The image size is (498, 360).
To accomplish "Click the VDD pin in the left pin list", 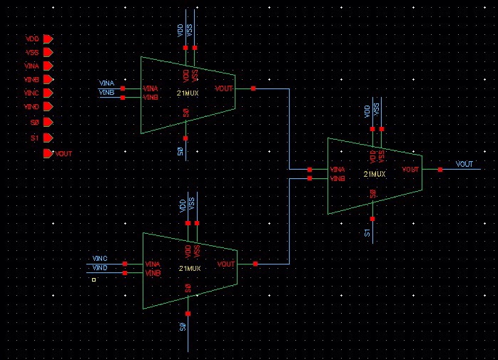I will [48, 38].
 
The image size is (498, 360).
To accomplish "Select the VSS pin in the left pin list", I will [48, 52].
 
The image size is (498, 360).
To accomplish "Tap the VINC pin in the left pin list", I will [48, 93].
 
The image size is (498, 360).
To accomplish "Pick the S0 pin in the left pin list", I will [48, 123].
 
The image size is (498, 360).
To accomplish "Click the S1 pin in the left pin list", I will [48, 138].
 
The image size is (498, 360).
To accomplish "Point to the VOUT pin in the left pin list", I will [49, 153].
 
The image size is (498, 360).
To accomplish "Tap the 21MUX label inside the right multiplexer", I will [375, 174].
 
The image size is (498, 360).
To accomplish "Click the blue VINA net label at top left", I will [106, 84].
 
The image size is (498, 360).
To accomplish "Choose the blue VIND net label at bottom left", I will [100, 267].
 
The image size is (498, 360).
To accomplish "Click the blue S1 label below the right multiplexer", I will [367, 232].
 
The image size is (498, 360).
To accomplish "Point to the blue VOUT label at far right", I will [464, 165].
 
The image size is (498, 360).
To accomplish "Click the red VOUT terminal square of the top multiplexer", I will [254, 89].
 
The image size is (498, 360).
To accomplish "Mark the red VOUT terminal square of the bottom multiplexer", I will [255, 264].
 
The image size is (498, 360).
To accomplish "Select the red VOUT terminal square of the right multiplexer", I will [440, 170].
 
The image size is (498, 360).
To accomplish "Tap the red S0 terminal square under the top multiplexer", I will [186, 138].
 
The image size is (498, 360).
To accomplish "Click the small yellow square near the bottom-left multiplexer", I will [93, 280].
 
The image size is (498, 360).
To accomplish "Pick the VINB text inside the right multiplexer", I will [337, 178].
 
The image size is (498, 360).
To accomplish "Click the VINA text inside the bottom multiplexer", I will [153, 264].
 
